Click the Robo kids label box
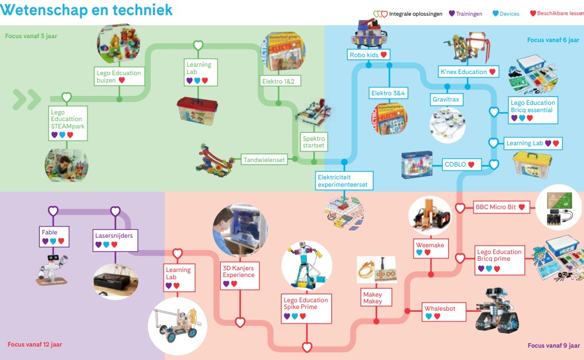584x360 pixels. pos(368,55)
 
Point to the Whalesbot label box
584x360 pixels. pos(444,312)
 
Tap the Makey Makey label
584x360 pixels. pos(372,298)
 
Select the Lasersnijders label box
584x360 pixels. pos(114,239)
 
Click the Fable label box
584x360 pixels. pos(53,236)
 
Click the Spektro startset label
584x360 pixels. pos(313,142)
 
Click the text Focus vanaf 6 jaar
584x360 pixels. pos(553,40)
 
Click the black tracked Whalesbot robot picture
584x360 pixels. pos(497,311)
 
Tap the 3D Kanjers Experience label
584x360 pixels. pos(239,275)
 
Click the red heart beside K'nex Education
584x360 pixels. pos(492,72)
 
